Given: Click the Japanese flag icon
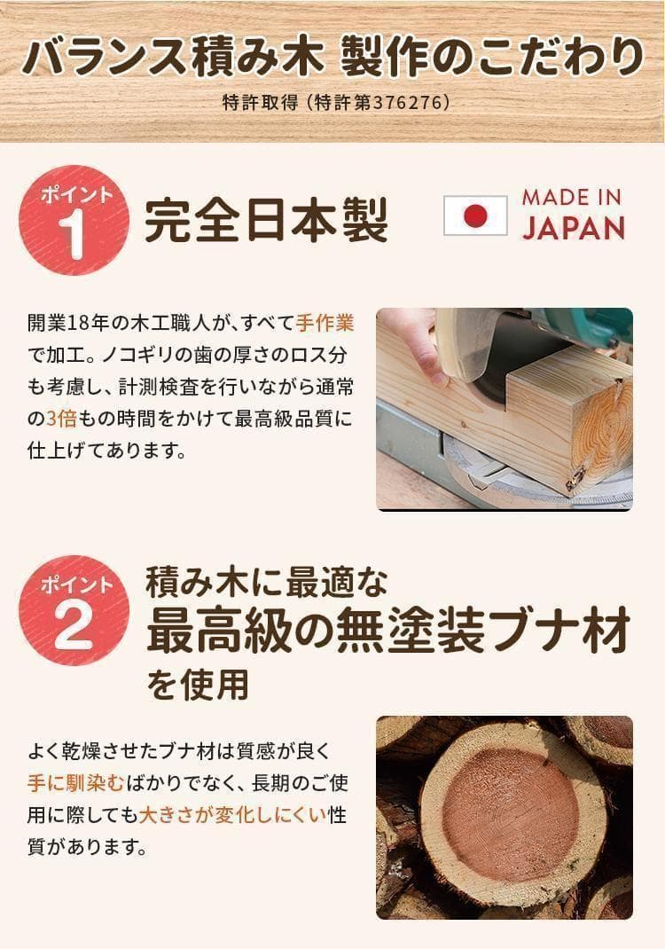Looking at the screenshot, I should pyautogui.click(x=475, y=216).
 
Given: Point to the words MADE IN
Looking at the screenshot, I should pyautogui.click(x=572, y=197).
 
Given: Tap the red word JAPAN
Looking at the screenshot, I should pyautogui.click(x=572, y=228).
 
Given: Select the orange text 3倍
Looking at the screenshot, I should pyautogui.click(x=63, y=417).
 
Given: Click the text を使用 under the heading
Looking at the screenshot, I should pyautogui.click(x=197, y=683).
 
